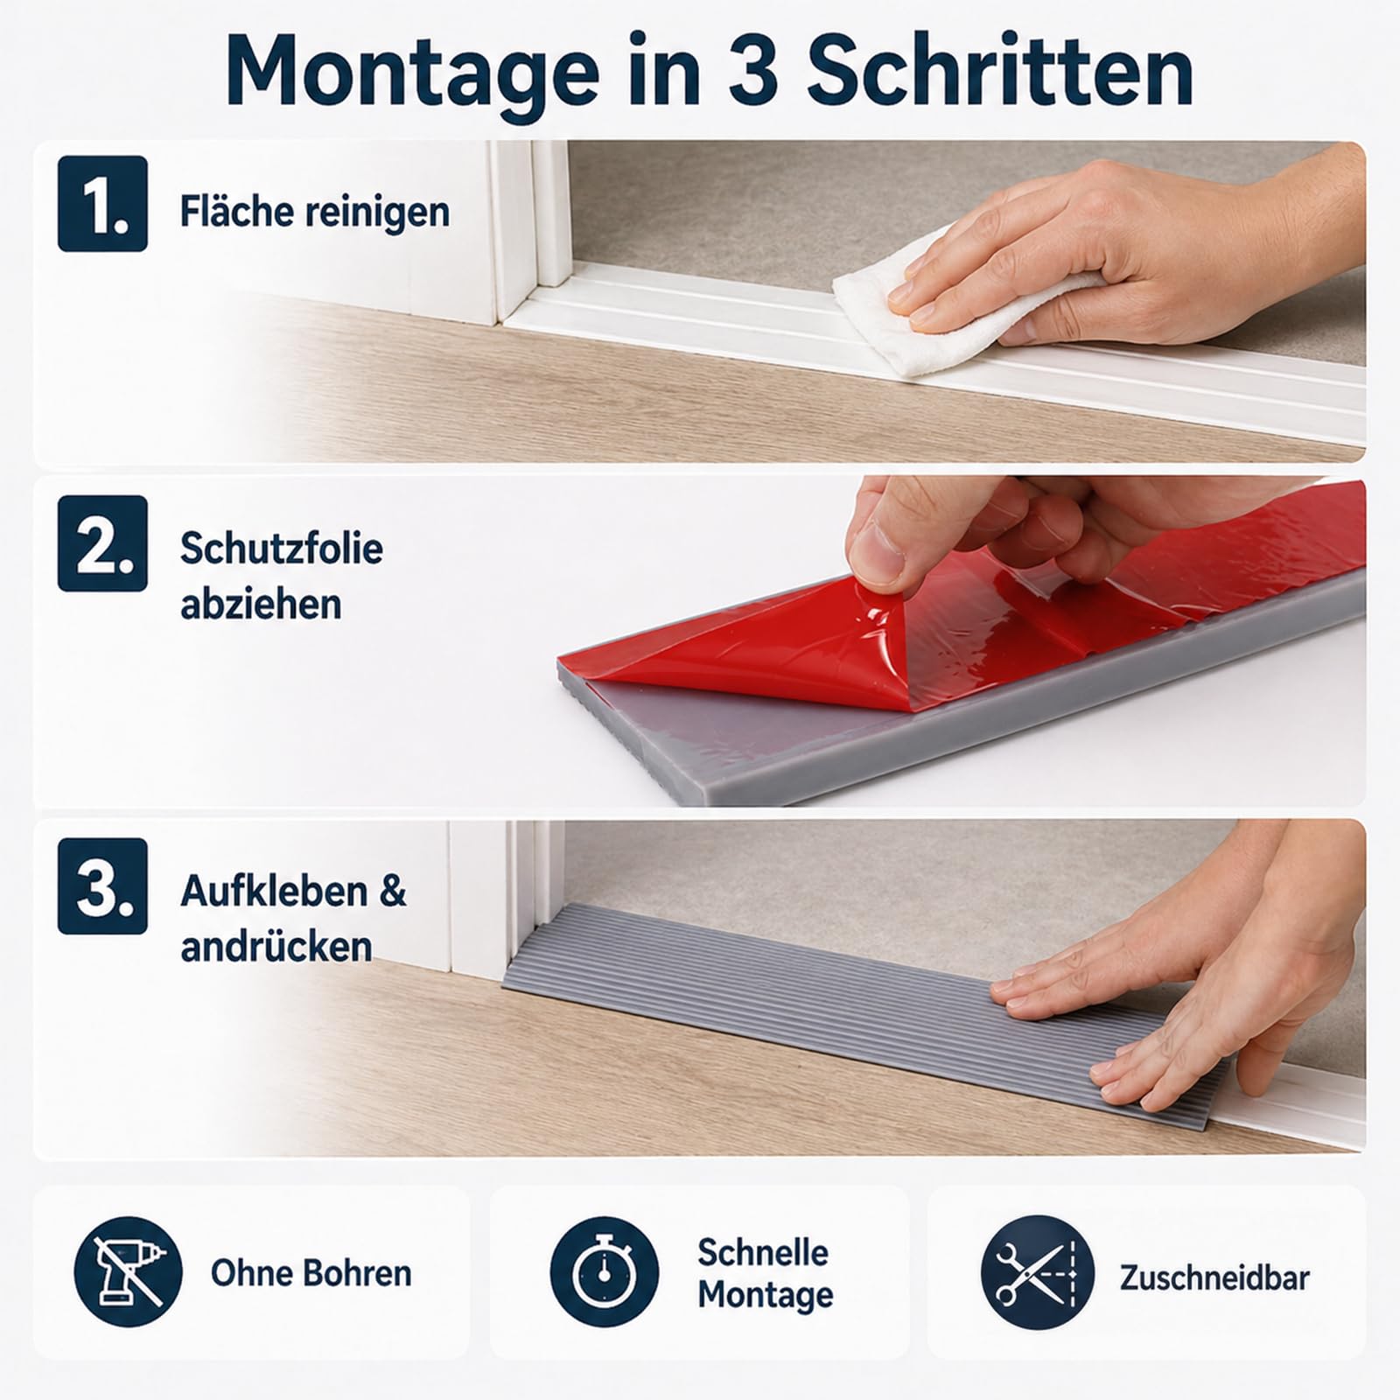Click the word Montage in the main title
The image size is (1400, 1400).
click(412, 73)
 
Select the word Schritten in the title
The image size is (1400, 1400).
click(999, 71)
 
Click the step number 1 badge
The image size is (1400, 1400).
click(102, 204)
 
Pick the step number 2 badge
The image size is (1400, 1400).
click(102, 543)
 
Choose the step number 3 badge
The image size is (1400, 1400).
click(102, 886)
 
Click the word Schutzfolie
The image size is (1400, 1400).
click(282, 549)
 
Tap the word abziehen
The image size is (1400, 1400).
click(261, 605)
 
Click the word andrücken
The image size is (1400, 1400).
click(276, 947)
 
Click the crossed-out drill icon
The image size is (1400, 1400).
click(128, 1271)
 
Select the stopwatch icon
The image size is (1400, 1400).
click(604, 1271)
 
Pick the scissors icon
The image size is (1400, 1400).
click(1038, 1271)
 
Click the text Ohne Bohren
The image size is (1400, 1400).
click(311, 1273)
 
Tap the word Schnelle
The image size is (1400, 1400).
click(763, 1252)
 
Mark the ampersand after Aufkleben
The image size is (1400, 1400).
click(393, 891)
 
